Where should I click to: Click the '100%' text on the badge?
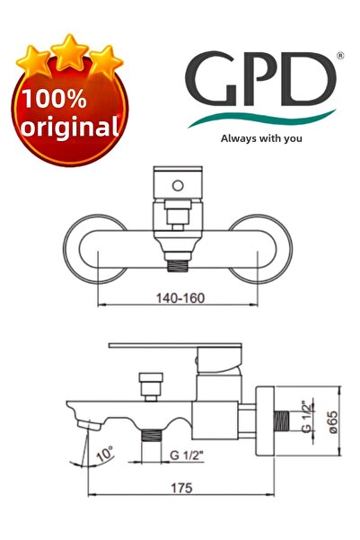68,98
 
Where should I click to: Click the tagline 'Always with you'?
261,138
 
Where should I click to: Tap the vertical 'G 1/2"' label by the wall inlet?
307,416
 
